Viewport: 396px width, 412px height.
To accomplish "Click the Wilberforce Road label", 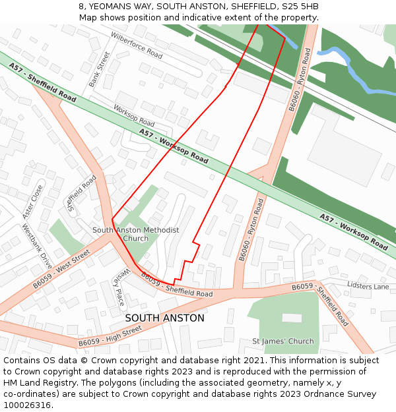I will click(x=137, y=45).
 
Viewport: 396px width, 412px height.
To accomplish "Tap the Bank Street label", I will click(x=100, y=70).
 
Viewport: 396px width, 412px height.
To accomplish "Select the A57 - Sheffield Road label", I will click(x=43, y=82).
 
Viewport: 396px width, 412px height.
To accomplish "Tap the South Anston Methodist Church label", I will click(x=135, y=234).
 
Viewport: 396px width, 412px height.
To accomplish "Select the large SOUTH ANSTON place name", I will click(x=164, y=318).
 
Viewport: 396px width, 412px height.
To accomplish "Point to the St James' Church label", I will click(x=283, y=341).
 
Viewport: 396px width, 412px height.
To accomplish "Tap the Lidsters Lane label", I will click(x=368, y=287).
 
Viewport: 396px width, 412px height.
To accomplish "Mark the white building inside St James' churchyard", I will click(x=292, y=318).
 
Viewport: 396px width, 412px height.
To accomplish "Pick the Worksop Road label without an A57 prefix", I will click(x=134, y=115).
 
